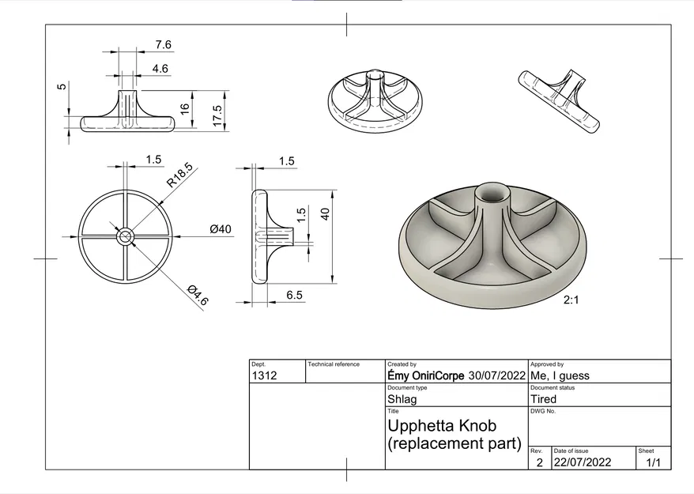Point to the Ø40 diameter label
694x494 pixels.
point(221,229)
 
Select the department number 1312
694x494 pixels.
point(264,375)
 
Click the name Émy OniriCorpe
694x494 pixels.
point(426,375)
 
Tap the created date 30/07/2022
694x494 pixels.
point(497,375)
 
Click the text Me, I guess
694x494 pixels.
point(560,375)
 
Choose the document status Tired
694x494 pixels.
point(544,399)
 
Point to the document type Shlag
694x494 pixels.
point(402,399)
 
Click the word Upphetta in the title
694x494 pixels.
point(423,426)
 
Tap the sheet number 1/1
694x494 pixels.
point(653,462)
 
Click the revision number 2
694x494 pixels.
point(539,462)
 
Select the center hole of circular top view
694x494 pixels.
point(126,236)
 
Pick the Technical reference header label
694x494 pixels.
point(334,364)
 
